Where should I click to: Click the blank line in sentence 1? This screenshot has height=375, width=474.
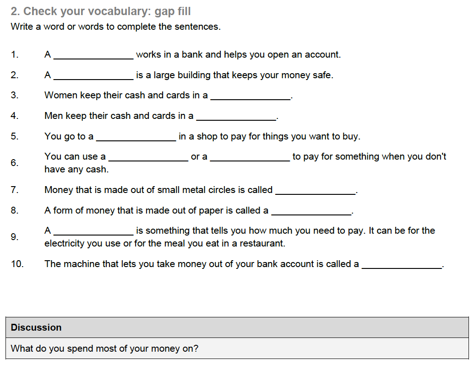(93, 57)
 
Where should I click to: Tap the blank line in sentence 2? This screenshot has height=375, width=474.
(93, 77)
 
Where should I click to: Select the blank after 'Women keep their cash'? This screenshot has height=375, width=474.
(250, 97)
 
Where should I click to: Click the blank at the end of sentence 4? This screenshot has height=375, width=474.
(236, 118)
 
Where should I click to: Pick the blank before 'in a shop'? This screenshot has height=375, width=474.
(136, 139)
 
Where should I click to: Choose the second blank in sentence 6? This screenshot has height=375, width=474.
(250, 159)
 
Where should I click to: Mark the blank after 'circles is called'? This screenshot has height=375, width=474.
(315, 192)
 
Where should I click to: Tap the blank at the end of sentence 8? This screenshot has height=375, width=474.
(311, 213)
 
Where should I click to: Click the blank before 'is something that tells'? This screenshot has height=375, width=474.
(93, 233)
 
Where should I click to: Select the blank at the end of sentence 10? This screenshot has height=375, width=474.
(402, 266)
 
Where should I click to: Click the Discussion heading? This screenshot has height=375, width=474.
(36, 327)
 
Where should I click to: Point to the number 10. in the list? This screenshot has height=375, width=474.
(17, 264)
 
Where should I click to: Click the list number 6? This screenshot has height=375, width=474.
(15, 163)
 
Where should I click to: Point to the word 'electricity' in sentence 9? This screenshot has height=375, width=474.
(65, 243)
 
